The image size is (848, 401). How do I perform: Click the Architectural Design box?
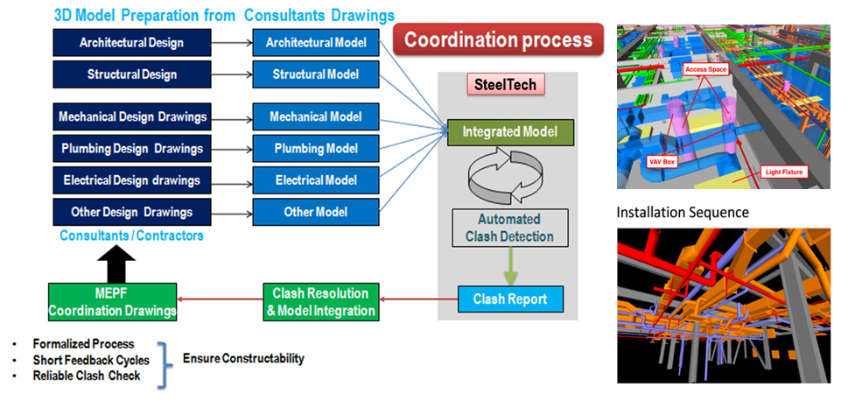[x=131, y=41]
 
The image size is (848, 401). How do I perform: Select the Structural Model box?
[x=316, y=74]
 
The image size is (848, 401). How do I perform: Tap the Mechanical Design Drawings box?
[x=131, y=116]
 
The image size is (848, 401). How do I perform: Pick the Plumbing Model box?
[x=316, y=148]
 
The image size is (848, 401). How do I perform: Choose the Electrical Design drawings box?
[x=131, y=180]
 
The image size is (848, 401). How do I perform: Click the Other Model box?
[x=316, y=212]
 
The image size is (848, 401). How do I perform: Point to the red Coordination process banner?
[x=498, y=39]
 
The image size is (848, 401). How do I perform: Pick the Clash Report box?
[x=511, y=299]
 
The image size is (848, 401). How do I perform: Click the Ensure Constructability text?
[x=243, y=359]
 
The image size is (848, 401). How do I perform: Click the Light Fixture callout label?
[x=783, y=172]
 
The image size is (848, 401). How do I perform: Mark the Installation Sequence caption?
[x=683, y=212]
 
